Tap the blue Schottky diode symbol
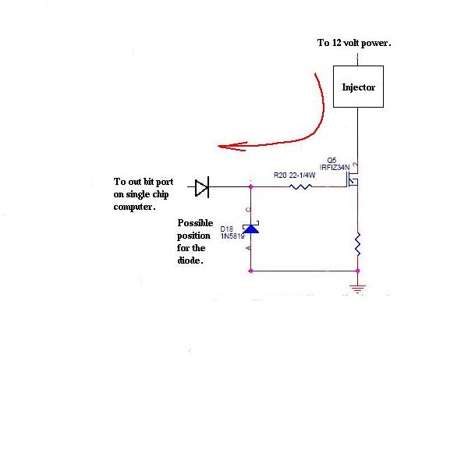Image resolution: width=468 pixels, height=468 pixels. click(250, 228)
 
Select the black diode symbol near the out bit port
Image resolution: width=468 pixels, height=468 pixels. click(202, 187)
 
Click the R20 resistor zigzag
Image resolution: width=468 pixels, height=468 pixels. click(300, 187)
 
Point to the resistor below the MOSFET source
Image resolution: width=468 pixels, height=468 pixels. click(357, 244)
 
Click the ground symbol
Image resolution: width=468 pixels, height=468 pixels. click(357, 289)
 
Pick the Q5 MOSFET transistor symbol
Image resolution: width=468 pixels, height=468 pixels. click(353, 179)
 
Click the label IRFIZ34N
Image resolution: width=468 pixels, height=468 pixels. click(335, 168)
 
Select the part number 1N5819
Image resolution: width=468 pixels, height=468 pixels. click(232, 236)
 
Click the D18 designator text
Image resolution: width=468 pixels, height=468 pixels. click(226, 229)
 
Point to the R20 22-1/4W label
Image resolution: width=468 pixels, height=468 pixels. click(294, 175)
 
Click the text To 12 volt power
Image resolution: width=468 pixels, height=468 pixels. click(354, 43)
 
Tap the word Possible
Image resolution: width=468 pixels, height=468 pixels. click(195, 223)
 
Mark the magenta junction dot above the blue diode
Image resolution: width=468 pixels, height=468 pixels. click(250, 186)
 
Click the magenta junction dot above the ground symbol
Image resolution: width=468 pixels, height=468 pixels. click(357, 271)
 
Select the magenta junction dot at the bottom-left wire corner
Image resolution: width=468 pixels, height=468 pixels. click(250, 271)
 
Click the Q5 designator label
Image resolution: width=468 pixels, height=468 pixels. click(331, 160)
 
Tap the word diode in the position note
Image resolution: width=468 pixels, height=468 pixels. click(189, 261)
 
